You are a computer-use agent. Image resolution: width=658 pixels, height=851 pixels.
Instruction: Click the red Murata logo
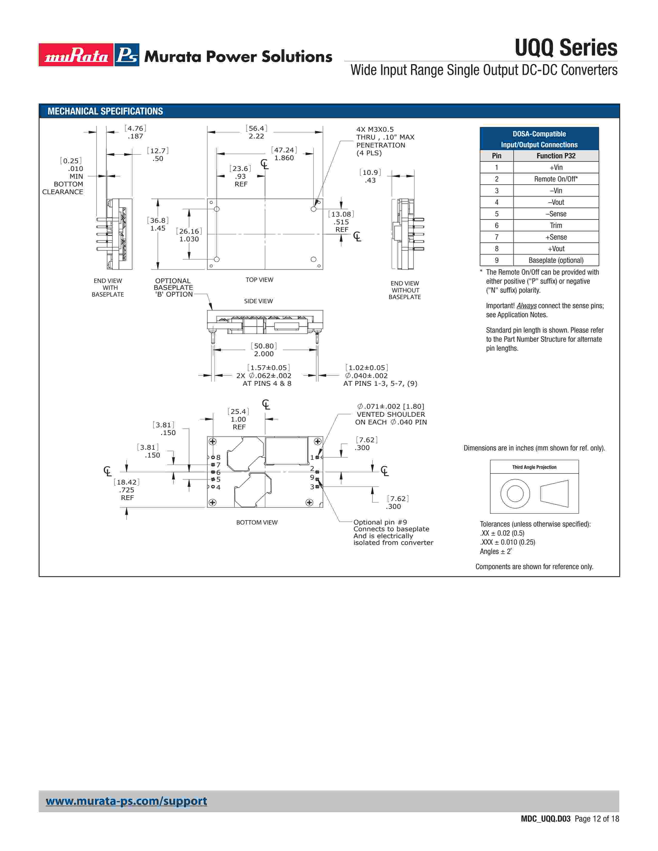click(76, 55)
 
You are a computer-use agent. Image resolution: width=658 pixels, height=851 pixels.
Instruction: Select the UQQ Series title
click(566, 48)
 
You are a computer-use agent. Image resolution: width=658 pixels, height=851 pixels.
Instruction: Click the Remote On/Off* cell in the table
click(556, 179)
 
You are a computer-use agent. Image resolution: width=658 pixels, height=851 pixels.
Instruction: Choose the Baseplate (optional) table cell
click(556, 260)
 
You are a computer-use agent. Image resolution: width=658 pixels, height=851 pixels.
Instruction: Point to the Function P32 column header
click(556, 156)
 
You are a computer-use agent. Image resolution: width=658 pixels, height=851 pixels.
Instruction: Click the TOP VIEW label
click(259, 280)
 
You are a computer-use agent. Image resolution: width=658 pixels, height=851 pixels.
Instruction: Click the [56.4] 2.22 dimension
click(256, 132)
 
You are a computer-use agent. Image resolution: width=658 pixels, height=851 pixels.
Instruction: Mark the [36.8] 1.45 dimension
click(158, 224)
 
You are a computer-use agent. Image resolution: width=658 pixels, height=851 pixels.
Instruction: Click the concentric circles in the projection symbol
click(515, 494)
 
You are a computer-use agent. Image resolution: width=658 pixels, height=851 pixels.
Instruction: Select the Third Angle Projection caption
click(534, 467)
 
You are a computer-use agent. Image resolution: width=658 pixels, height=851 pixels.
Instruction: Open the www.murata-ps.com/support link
click(126, 801)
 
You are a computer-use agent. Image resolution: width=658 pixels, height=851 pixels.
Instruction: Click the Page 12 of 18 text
click(596, 819)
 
